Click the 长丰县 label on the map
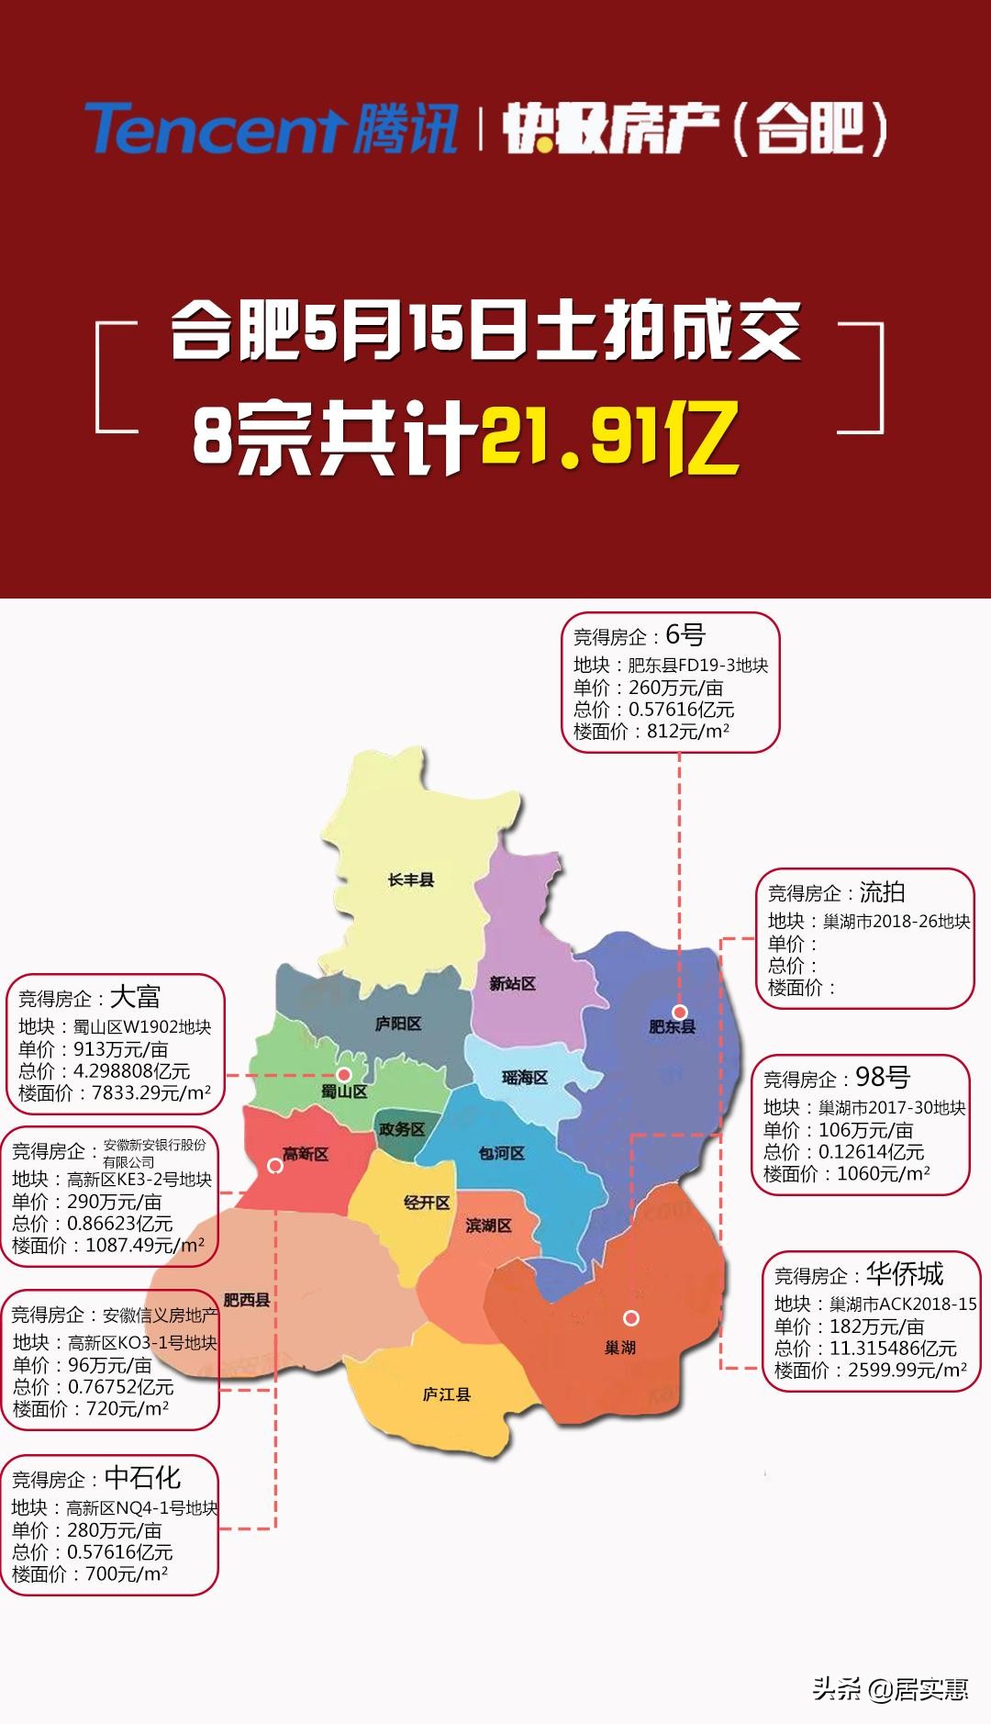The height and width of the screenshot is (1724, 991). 410,880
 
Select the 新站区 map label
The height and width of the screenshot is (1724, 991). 512,983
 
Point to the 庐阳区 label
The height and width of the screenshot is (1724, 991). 397,1024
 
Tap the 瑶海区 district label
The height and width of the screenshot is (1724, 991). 525,1077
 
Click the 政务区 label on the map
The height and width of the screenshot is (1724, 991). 402,1129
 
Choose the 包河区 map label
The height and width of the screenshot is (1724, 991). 501,1153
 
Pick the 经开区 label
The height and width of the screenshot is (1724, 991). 427,1202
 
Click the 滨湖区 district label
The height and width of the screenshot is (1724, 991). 488,1226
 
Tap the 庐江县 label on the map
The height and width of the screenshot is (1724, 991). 447,1394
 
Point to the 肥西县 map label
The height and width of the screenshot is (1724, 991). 247,1300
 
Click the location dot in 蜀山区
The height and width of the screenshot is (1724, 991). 344,1074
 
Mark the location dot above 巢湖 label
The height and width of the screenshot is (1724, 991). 631,1318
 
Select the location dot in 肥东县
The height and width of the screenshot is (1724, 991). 679,1012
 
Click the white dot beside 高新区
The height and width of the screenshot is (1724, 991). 274,1166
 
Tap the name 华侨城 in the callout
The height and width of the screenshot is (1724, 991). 905,1273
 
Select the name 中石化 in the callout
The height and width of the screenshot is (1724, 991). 142,1477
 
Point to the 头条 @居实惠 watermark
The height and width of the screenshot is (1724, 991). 890,1689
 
